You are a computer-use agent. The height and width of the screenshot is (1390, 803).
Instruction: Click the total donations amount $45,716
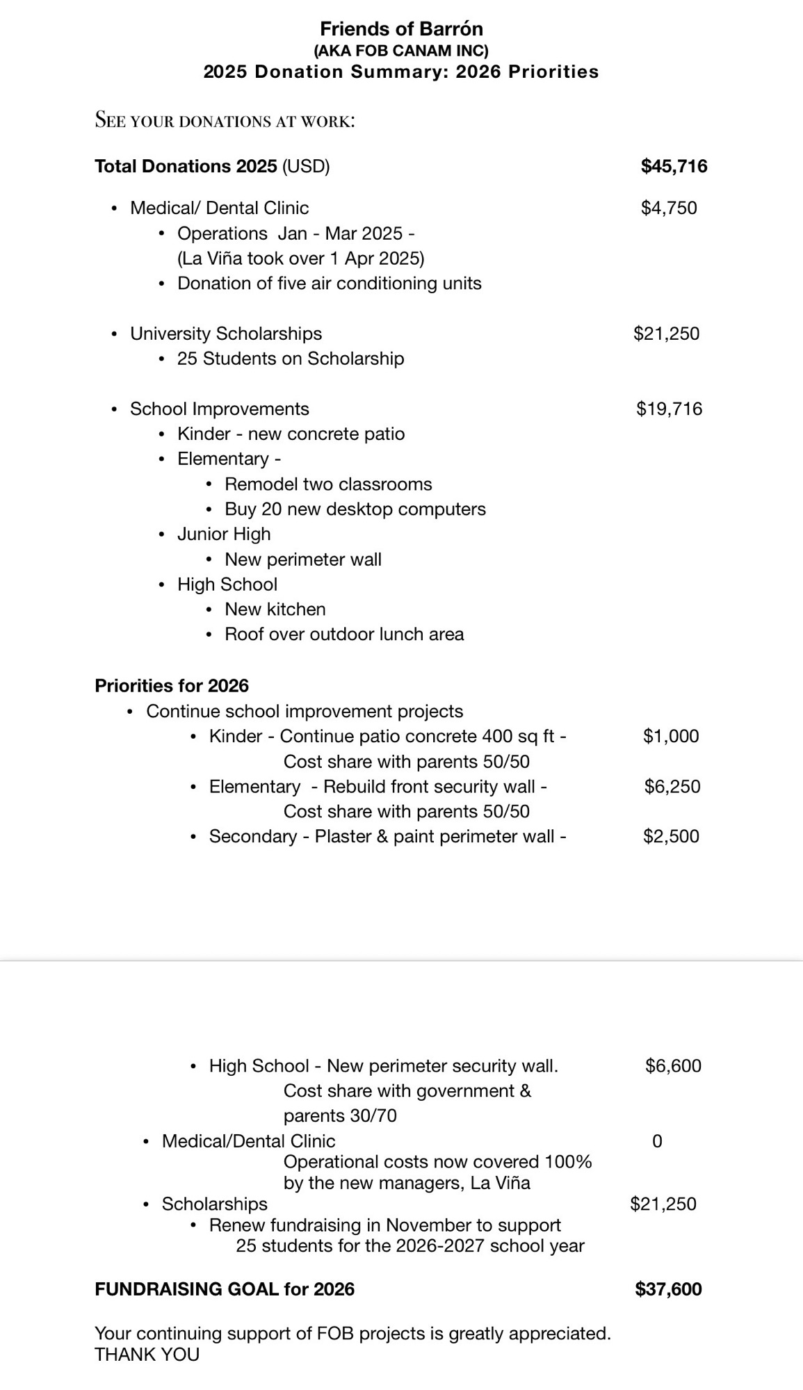[674, 166]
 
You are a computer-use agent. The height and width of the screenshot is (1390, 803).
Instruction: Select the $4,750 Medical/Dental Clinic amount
[668, 208]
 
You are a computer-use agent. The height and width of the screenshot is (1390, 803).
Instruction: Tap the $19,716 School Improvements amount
[669, 409]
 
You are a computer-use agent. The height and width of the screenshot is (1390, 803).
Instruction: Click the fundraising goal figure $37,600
[668, 1289]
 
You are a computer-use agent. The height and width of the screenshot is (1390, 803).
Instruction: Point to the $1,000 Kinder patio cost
[671, 736]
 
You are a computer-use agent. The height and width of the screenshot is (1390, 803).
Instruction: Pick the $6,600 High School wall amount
[673, 1065]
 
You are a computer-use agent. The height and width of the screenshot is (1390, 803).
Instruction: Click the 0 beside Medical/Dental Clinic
[657, 1141]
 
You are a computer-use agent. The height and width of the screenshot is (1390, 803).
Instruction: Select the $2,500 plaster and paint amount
[671, 836]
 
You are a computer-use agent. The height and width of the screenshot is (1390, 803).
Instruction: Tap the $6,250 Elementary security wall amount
[672, 786]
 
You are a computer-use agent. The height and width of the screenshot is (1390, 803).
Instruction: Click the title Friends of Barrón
[401, 28]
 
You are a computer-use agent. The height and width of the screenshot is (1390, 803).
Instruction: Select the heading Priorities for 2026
[172, 686]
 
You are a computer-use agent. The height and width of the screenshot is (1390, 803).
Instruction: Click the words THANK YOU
[147, 1355]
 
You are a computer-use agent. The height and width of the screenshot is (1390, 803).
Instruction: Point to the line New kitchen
[275, 610]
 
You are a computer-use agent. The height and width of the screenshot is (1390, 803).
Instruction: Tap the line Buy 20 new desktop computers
[355, 509]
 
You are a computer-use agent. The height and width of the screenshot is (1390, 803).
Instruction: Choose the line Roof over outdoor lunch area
[344, 635]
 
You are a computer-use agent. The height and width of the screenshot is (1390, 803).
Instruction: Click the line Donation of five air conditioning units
[329, 284]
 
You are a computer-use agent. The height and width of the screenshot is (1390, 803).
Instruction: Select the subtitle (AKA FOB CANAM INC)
[401, 51]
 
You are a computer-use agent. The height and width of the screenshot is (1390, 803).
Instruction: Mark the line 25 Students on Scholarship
[290, 359]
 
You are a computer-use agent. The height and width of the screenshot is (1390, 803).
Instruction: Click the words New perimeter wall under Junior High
[302, 559]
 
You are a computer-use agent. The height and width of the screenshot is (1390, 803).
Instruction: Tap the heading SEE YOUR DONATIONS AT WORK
[225, 120]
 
